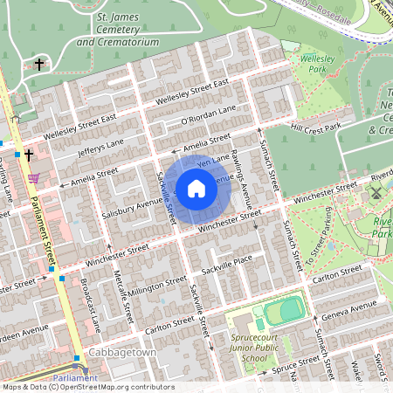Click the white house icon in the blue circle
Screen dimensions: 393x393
click(x=196, y=188)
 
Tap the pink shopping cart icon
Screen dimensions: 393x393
click(x=33, y=177)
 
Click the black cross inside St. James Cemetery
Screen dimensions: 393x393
click(x=39, y=64)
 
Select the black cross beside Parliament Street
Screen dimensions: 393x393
click(x=28, y=155)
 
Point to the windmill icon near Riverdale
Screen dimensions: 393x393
click(x=376, y=192)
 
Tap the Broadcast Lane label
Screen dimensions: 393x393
click(x=91, y=305)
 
